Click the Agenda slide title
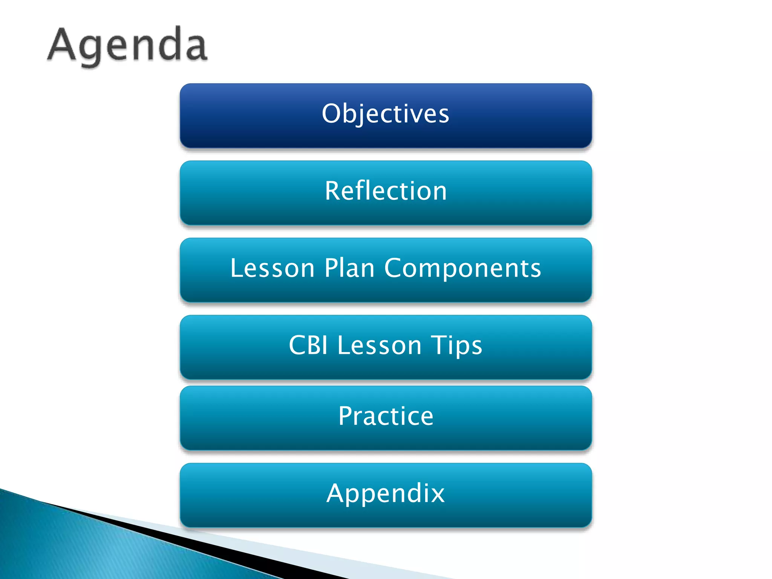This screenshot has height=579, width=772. click(127, 45)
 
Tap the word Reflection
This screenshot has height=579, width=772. click(386, 191)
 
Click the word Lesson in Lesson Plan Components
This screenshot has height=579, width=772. click(272, 268)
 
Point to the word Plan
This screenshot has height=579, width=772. click(349, 268)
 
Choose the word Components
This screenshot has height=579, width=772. click(463, 269)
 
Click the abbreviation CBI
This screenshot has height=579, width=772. click(308, 345)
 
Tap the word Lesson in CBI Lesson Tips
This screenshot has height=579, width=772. click(379, 345)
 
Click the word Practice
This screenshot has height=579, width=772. click(386, 416)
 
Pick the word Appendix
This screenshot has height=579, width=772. click(386, 493)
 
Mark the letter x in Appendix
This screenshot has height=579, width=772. click(437, 494)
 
